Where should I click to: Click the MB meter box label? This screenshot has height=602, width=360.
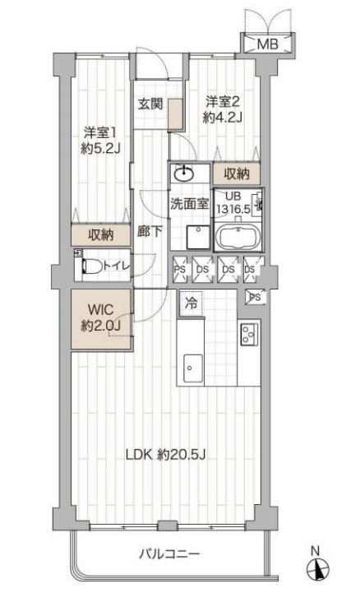pos(267,44)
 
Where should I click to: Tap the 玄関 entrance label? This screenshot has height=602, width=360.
pos(150,104)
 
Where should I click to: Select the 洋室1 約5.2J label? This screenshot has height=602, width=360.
pos(100,140)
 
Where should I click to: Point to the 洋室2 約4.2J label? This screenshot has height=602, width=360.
pos(223,109)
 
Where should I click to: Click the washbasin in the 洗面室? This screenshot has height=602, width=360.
pos(185,174)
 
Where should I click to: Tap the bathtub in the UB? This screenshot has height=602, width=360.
pos(238,237)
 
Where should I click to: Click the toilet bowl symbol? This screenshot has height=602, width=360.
pos(91,266)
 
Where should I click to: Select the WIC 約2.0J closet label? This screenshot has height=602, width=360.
pos(101,317)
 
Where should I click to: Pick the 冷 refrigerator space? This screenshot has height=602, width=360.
pos(192,303)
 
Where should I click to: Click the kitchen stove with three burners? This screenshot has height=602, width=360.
pos(250,334)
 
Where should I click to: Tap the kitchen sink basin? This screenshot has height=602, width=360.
pos(193,368)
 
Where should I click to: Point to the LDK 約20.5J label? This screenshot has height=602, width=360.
pos(166,455)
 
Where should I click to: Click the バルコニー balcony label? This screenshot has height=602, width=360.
pos(169,554)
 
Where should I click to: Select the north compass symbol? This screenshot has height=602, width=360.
pos(318,568)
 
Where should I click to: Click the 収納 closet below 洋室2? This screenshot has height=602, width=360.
pos(237,174)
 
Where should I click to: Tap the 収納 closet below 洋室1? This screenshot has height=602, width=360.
pos(101,234)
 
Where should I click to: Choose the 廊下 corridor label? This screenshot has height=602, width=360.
pos(150,232)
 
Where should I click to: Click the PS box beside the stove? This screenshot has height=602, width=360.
pos(256,297)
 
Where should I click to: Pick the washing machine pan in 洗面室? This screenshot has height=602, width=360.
pos(198,238)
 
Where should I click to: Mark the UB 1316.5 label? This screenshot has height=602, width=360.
pos(233,202)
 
